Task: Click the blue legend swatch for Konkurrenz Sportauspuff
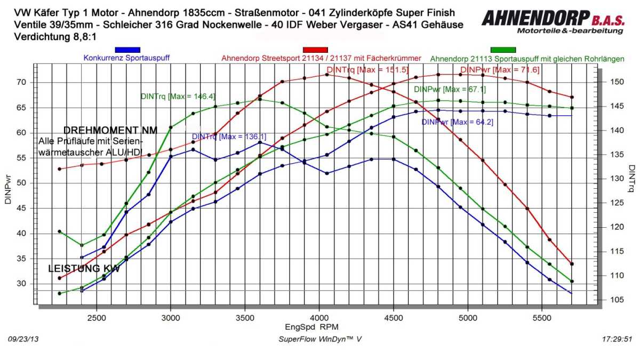click(127, 50)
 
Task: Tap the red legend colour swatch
click(315, 50)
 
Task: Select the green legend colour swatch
click(503, 50)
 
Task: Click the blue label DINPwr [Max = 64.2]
click(450, 122)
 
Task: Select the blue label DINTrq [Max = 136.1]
click(229, 137)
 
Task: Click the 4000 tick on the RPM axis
click(319, 316)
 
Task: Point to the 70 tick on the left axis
click(21, 82)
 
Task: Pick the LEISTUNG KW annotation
click(84, 269)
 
